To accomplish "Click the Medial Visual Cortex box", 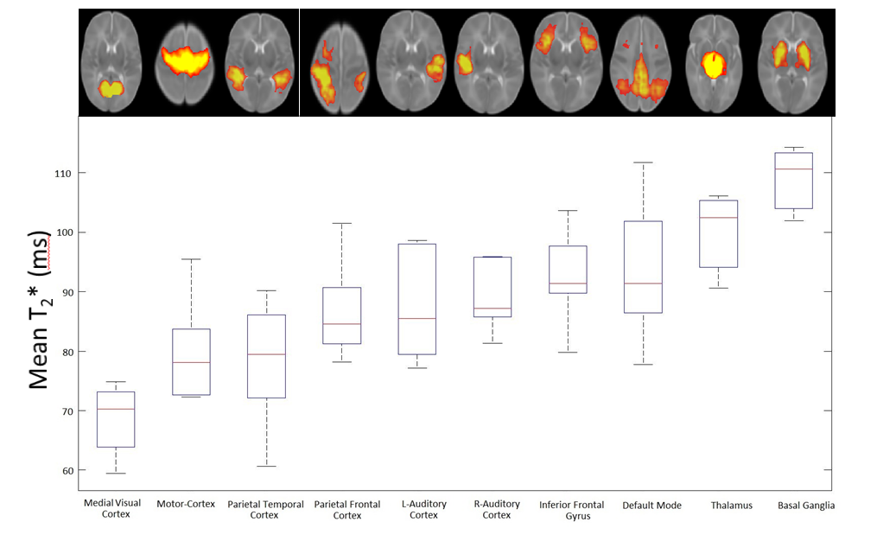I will click(x=116, y=419).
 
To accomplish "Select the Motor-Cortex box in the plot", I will click(x=191, y=361).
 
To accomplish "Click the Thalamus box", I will click(x=718, y=233).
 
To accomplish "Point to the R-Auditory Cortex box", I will click(x=492, y=287).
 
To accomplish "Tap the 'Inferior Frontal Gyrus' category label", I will click(x=567, y=510).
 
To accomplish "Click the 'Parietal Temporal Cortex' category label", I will click(x=265, y=510).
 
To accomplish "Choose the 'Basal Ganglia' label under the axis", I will click(x=806, y=506).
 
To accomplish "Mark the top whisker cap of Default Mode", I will click(x=643, y=162).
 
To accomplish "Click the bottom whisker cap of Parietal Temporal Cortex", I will click(x=266, y=466).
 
